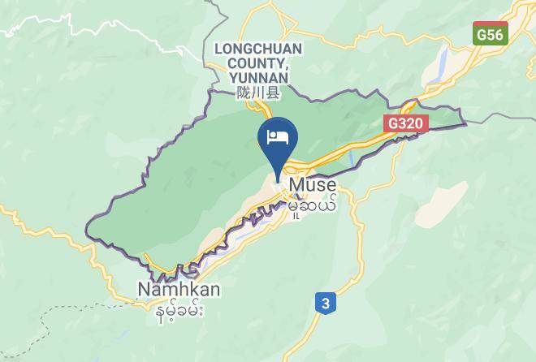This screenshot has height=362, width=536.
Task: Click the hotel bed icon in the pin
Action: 278,135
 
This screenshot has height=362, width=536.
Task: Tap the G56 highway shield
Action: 491,35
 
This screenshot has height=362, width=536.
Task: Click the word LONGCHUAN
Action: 257,49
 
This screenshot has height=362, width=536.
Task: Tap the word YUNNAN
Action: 257,78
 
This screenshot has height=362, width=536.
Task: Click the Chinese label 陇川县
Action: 257,93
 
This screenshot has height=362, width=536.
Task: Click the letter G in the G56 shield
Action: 482,35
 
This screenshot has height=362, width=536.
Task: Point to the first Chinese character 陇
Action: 244,93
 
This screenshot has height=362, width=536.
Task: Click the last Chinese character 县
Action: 272,93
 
